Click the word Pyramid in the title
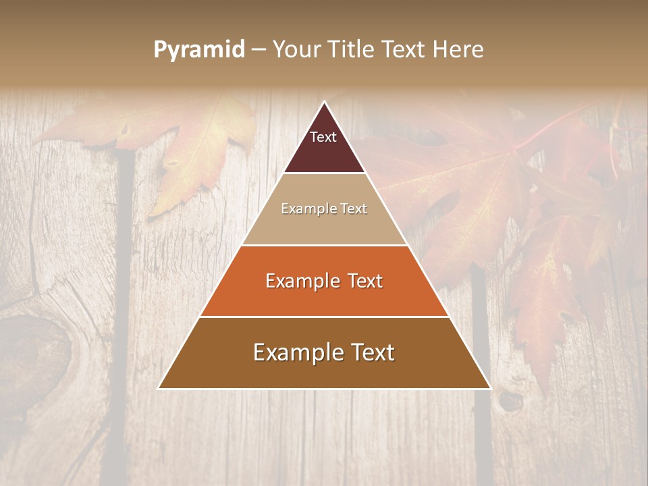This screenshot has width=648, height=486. click(198, 50)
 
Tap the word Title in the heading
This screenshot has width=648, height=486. click(352, 49)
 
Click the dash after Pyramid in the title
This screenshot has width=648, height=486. click(259, 50)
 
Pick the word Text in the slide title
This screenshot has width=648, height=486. click(404, 49)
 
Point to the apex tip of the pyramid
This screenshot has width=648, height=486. click(325, 103)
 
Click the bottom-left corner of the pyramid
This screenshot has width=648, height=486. click(160, 388)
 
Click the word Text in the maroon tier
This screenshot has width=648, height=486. click(323, 137)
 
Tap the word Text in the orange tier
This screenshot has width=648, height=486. click(361, 281)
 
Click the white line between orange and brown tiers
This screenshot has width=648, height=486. click(324, 317)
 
